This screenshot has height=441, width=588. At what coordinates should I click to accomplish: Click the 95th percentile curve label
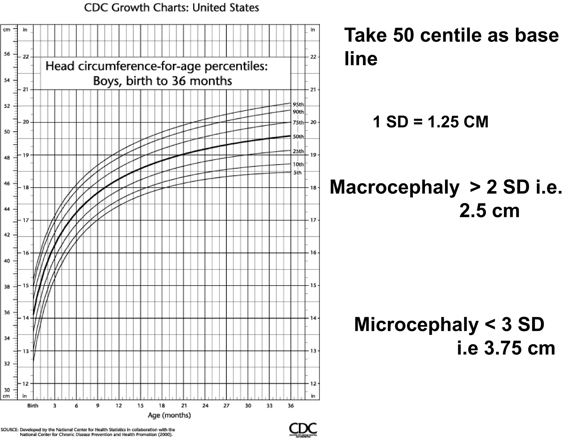tap(298, 105)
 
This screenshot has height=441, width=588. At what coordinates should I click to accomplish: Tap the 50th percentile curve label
tap(298, 137)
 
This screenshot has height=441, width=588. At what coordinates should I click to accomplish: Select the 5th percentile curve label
tap(297, 173)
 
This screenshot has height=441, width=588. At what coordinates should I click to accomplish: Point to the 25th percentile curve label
tap(298, 151)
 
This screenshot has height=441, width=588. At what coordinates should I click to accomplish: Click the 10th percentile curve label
tap(298, 164)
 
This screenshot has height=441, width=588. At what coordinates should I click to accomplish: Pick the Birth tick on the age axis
tap(33, 406)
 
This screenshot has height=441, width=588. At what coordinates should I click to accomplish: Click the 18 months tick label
tap(162, 406)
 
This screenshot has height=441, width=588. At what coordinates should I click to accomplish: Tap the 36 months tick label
tap(291, 406)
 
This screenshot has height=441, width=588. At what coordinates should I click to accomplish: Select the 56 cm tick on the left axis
tap(7, 54)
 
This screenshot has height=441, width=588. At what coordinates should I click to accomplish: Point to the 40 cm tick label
tap(7, 261)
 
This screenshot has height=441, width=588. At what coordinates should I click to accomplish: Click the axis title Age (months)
tap(169, 415)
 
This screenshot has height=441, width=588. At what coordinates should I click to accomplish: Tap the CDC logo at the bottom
tap(303, 429)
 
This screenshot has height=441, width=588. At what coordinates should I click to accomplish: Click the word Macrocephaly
tap(394, 187)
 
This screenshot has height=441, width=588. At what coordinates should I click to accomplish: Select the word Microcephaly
tap(416, 324)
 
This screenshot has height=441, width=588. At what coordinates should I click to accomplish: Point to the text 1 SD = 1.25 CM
tap(430, 122)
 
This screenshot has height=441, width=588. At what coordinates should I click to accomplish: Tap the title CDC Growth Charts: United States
tap(171, 8)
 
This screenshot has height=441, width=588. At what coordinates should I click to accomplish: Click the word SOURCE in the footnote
tap(10, 430)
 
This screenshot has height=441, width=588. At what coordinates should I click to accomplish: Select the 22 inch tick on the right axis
tap(313, 57)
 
